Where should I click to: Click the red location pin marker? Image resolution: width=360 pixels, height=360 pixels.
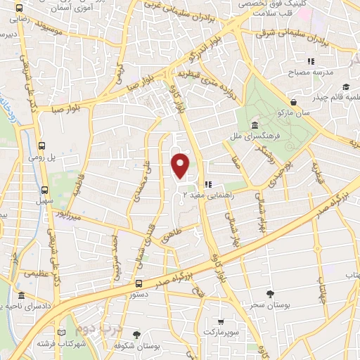pyautogui.click(x=181, y=165)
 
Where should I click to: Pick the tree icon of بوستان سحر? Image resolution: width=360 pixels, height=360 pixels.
pyautogui.click(x=271, y=295)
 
